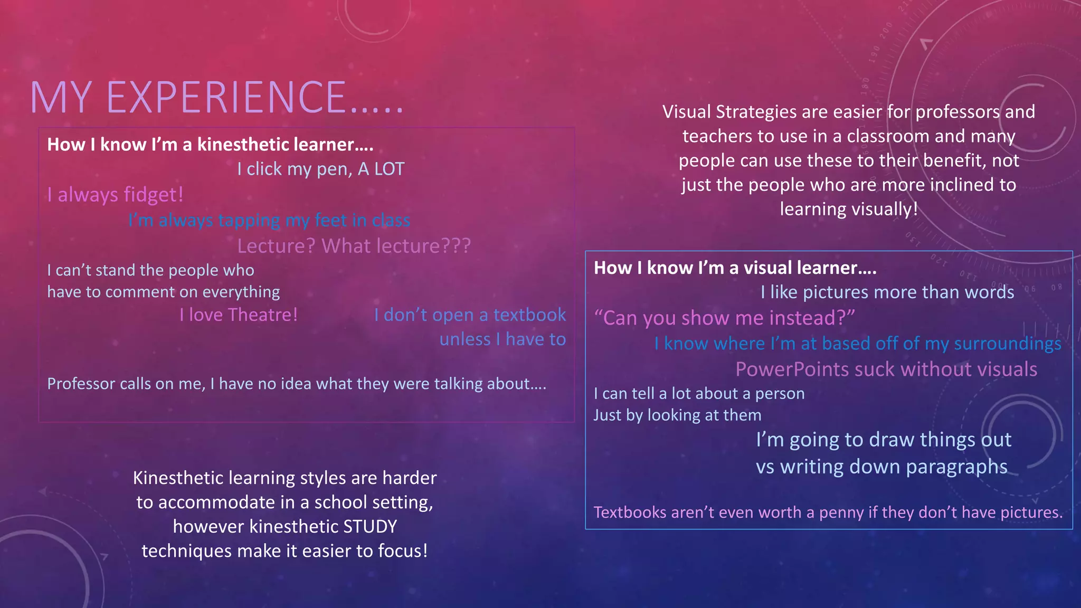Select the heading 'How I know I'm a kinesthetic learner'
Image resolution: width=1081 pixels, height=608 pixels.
(210, 145)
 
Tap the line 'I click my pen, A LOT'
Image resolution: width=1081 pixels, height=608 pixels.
(320, 169)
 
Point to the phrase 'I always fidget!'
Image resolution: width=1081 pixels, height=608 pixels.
(115, 195)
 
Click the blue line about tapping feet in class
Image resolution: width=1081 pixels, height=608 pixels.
(269, 220)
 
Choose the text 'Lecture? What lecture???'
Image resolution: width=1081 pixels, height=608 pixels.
(354, 246)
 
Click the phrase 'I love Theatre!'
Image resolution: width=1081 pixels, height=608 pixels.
(239, 315)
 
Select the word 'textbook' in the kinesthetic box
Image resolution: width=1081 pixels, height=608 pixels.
(529, 315)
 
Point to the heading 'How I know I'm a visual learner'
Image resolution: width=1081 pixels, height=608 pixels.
(735, 268)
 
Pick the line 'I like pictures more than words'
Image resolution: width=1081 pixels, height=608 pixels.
(887, 292)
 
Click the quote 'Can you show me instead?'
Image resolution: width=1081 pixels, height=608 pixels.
(724, 318)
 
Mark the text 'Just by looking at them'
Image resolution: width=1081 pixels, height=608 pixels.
(677, 415)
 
